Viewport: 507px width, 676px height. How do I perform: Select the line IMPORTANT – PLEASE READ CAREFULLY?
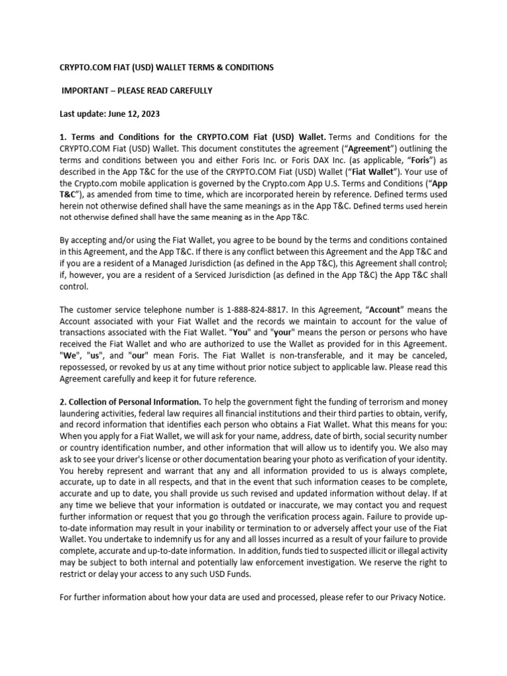coord(137,90)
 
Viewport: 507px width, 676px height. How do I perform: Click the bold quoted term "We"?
coord(68,355)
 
